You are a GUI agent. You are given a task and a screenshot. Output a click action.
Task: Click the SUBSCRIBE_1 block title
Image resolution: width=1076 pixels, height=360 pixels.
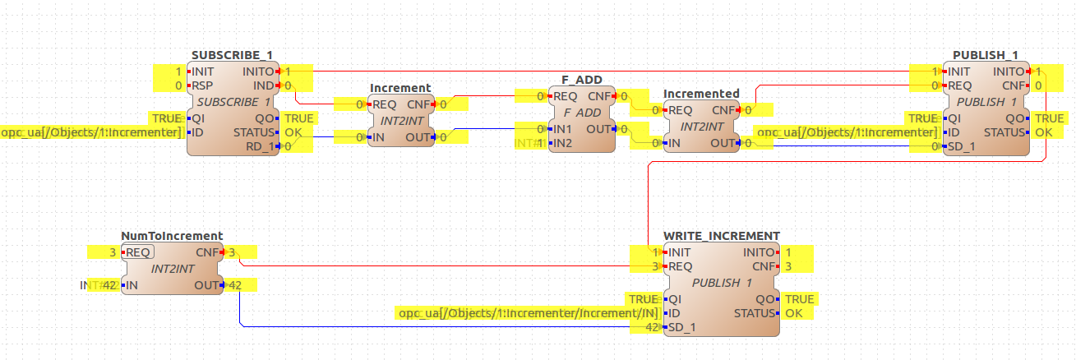[232, 55]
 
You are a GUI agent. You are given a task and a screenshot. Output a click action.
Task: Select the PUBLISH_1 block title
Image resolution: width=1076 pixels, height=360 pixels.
[985, 55]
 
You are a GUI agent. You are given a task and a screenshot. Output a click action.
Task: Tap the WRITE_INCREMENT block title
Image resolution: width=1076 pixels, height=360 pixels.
[721, 236]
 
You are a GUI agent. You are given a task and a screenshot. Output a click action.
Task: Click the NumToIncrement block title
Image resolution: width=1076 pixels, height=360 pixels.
[172, 236]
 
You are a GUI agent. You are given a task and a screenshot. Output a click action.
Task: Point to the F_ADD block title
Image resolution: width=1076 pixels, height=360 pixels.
[581, 80]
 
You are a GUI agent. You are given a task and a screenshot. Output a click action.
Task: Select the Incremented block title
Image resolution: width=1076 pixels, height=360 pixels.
[701, 94]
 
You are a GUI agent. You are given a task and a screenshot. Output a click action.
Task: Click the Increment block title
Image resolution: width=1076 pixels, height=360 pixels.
[400, 88]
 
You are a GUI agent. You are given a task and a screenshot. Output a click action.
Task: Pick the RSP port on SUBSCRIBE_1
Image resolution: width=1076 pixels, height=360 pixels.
[202, 85]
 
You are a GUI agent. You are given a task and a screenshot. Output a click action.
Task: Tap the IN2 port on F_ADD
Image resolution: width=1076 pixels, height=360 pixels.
[561, 143]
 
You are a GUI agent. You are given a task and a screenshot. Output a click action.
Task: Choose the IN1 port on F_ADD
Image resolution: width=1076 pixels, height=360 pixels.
[561, 129]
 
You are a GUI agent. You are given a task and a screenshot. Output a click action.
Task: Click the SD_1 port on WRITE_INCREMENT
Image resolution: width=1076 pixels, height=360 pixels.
[681, 327]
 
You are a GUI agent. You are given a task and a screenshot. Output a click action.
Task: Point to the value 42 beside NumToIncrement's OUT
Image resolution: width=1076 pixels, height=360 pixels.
[235, 285]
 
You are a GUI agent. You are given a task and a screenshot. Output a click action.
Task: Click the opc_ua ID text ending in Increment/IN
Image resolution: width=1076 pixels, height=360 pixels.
[527, 313]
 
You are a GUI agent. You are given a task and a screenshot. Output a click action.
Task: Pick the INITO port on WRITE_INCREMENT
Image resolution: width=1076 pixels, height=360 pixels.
[758, 252]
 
